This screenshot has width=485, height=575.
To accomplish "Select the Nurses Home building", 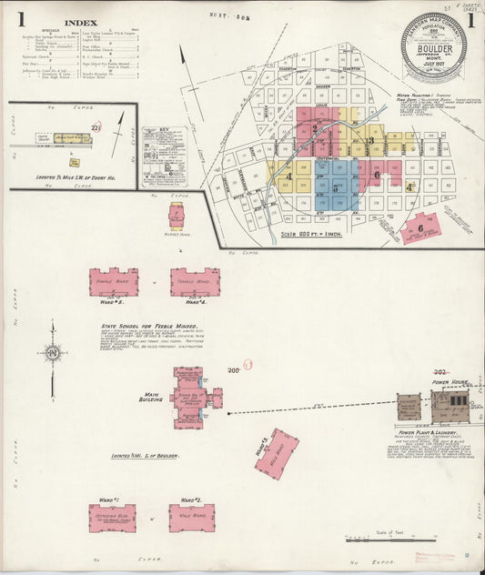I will click(x=176, y=216).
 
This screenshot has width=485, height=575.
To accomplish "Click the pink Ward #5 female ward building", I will click(x=114, y=281).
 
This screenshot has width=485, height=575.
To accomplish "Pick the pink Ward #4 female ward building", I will click(x=195, y=281).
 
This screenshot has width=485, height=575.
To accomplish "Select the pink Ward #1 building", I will click(x=112, y=517).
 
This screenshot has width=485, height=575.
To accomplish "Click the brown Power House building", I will click(x=451, y=403).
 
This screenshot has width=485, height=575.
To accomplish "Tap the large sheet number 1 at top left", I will click(x=19, y=20).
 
